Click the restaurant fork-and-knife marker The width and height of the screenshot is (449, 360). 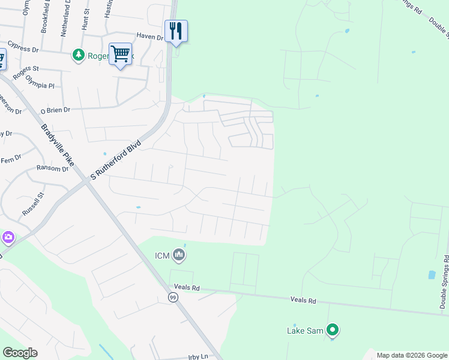tap(176, 30)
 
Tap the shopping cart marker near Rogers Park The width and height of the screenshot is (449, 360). tap(120, 54)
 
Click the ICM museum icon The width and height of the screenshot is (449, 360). tap(179, 256)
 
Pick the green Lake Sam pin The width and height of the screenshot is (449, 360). tap(333, 329)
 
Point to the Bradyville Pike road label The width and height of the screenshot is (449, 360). tap(58, 145)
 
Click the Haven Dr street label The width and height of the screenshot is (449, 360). tap(149, 37)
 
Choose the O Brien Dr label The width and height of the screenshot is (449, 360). tap(55, 110)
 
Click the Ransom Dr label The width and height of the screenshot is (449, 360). tap(53, 169)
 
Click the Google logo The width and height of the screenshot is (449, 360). tap(20, 353)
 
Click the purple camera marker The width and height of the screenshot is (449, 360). tap(7, 238)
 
